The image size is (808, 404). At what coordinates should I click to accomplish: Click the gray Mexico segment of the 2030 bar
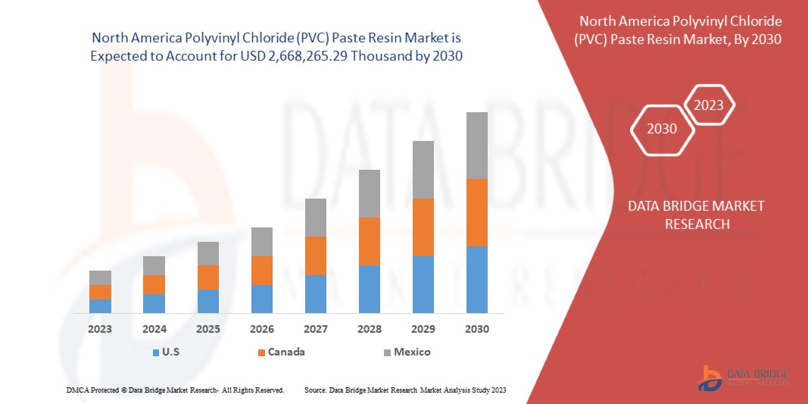tap(477, 146)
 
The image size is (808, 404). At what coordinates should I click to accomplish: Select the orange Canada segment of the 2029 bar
tap(423, 227)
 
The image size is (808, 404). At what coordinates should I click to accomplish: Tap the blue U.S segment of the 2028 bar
tap(370, 289)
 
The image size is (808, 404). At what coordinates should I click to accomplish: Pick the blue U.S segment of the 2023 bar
tap(100, 305)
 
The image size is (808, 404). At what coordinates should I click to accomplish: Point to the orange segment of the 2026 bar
tap(262, 271)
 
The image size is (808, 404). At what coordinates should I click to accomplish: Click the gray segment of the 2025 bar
tap(208, 253)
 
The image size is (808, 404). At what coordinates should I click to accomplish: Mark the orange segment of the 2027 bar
tap(316, 255)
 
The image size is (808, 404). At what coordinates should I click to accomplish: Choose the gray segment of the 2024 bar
tap(154, 265)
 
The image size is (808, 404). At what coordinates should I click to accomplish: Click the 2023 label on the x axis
tap(100, 329)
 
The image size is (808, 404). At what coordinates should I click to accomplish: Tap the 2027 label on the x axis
tap(316, 329)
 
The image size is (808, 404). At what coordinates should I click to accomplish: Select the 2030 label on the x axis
tap(477, 329)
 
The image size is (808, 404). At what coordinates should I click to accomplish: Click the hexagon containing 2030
tap(662, 129)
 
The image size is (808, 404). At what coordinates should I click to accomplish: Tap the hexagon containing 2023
tap(709, 105)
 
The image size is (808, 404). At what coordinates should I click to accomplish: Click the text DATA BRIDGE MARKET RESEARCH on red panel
tap(697, 215)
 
